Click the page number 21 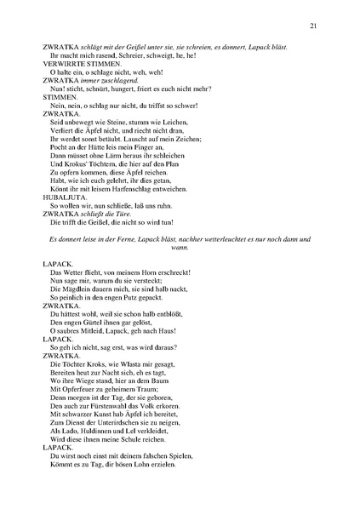coord(314,26)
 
